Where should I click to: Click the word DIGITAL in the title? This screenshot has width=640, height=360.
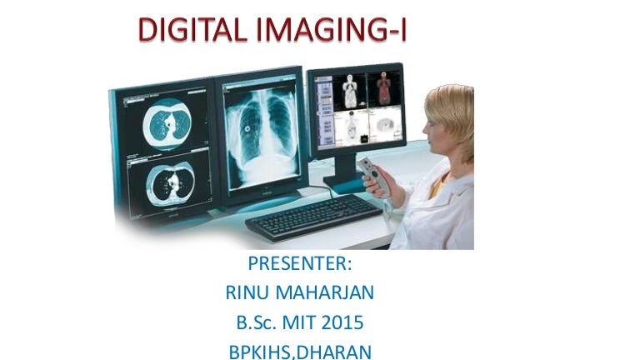pos(192,29)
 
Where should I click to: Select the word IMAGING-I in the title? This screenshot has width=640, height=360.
pos(332,30)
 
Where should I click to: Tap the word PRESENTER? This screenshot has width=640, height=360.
pos(300,263)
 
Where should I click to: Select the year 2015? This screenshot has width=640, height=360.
pos(342,322)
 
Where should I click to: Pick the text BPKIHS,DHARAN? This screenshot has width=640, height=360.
pos(300,352)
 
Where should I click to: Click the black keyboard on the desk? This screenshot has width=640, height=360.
pos(313,217)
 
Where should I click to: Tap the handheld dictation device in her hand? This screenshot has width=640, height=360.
pos(376,177)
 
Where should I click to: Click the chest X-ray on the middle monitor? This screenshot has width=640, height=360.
pos(262,137)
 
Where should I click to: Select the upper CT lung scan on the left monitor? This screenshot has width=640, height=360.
pos(167,123)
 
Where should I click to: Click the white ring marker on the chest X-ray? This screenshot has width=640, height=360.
pos(247,129)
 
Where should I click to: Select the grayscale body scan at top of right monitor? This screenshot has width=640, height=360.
pos(350,91)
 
